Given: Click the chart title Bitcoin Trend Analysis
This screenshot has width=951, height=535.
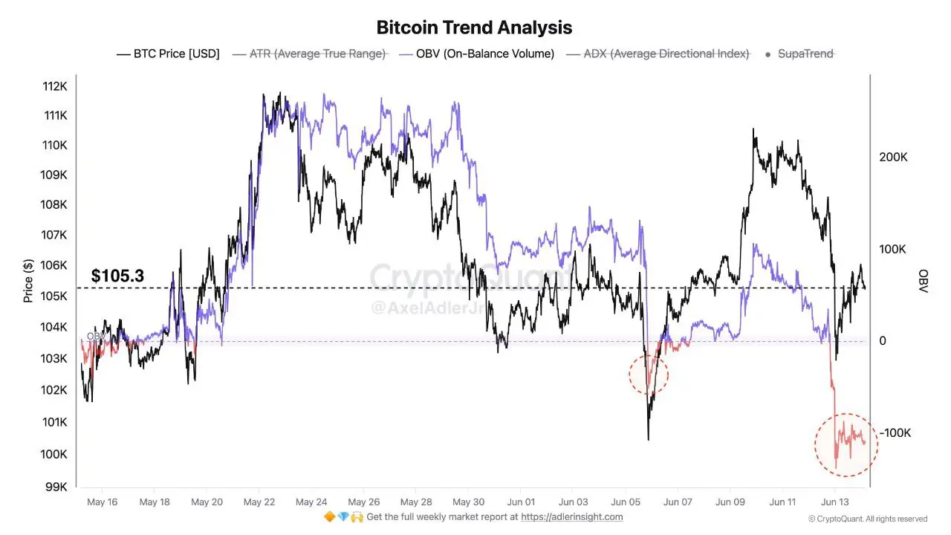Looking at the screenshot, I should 474,27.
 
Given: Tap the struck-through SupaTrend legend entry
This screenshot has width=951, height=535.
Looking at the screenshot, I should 805,53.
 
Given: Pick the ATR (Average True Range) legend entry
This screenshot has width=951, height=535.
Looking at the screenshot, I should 317,53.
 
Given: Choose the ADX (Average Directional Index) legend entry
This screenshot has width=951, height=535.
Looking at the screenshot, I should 666,53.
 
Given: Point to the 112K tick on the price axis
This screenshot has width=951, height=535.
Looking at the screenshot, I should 55,86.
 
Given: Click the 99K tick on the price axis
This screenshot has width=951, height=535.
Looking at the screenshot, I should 57,487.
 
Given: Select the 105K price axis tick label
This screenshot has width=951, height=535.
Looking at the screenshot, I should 55,296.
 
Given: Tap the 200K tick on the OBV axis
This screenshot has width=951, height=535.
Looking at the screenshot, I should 893,158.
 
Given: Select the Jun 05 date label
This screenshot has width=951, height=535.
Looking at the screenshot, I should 625,502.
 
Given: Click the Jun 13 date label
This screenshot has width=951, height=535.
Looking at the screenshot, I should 834,502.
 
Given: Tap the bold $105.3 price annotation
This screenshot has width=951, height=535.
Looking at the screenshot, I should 117,276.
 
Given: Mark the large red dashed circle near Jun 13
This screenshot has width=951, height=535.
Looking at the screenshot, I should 845,444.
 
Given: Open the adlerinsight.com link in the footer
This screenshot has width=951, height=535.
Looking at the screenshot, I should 571,517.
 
